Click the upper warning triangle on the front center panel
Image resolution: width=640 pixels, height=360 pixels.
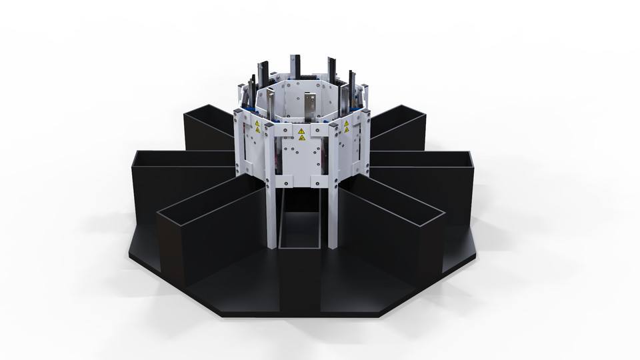point(301,130)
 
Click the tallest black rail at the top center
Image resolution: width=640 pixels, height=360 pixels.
point(295,67)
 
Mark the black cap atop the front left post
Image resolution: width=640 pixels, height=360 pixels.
point(268,124)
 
